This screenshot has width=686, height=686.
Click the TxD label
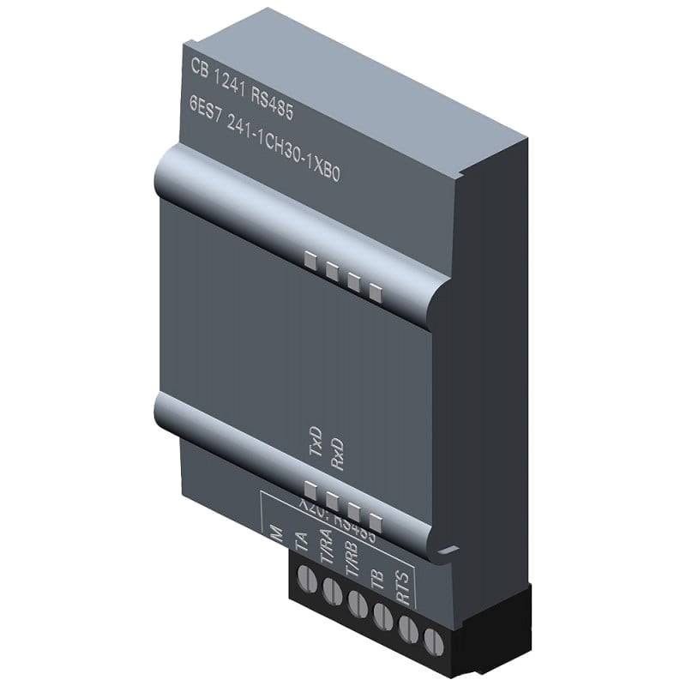click(x=315, y=445)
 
